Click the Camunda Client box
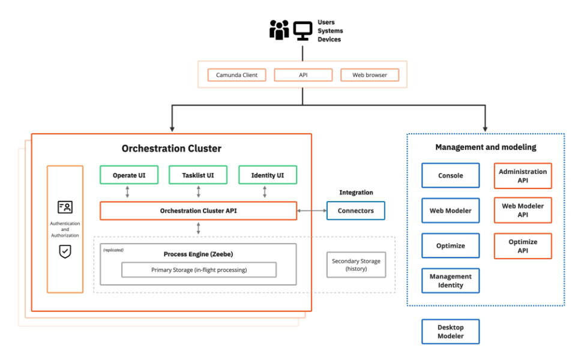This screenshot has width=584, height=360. pyautogui.click(x=236, y=75)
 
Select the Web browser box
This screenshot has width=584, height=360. pyautogui.click(x=369, y=75)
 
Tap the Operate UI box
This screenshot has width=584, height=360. pyautogui.click(x=129, y=175)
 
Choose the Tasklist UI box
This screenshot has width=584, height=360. pyautogui.click(x=198, y=175)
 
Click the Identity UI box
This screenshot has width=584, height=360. pyautogui.click(x=268, y=175)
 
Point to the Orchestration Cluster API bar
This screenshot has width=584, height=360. pyautogui.click(x=198, y=211)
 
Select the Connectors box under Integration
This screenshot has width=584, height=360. pyautogui.click(x=355, y=211)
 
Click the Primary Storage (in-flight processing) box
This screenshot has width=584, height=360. pyautogui.click(x=199, y=270)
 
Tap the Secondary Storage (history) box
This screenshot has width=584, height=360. pyautogui.click(x=356, y=265)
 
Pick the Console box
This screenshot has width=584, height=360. pyautogui.click(x=450, y=176)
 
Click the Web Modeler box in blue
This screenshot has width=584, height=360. pyautogui.click(x=450, y=211)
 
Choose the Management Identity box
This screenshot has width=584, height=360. pyautogui.click(x=450, y=281)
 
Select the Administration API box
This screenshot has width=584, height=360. pyautogui.click(x=522, y=176)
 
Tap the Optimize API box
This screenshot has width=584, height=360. pyautogui.click(x=522, y=246)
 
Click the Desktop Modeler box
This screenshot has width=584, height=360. pyautogui.click(x=450, y=332)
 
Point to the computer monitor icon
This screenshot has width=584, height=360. pyautogui.click(x=303, y=30)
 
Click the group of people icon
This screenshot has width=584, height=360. pyautogui.click(x=279, y=30)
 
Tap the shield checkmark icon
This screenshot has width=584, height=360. pyautogui.click(x=65, y=252)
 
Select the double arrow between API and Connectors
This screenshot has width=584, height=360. pyautogui.click(x=312, y=211)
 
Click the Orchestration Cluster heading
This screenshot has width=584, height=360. pyautogui.click(x=171, y=148)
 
